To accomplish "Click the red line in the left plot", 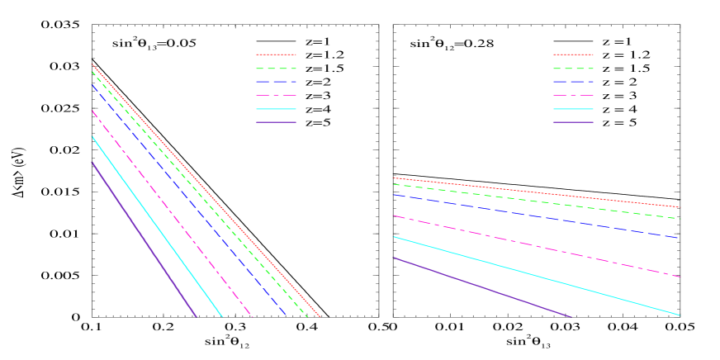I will (206, 192).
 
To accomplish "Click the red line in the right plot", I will (537, 192).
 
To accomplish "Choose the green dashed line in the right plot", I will (537, 201).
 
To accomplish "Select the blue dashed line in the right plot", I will (537, 216).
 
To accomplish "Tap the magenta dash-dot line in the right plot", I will (537, 246).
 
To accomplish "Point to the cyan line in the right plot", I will (537, 276).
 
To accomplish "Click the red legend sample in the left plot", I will (276, 54).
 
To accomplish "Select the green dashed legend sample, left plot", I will (276, 69).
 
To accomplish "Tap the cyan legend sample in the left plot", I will (276, 109).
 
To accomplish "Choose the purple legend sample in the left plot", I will (276, 122).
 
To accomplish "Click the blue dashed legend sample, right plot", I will (573, 82).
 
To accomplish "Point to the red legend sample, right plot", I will (573, 54).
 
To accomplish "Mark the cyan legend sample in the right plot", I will (573, 109).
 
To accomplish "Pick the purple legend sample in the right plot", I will (573, 122).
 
